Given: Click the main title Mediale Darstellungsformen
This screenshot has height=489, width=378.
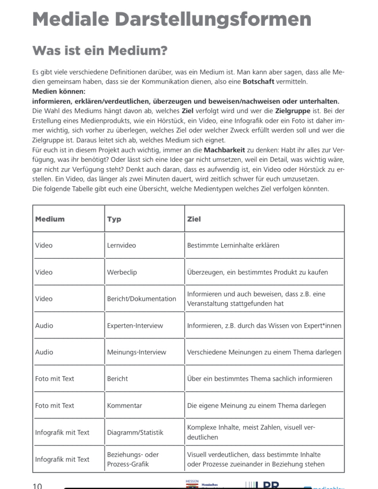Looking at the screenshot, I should (172, 20).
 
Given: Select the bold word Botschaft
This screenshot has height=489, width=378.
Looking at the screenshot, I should (258, 82).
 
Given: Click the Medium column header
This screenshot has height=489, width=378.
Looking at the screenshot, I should (50, 219).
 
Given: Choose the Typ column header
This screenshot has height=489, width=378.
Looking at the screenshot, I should (114, 219).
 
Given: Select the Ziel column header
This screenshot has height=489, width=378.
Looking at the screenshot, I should (194, 219).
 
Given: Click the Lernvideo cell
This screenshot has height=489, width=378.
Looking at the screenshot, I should (121, 245).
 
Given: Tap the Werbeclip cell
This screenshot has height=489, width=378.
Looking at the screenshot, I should (122, 272).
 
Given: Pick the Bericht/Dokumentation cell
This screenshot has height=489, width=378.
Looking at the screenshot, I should (141, 299).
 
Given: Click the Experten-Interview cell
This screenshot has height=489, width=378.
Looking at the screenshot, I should (135, 326).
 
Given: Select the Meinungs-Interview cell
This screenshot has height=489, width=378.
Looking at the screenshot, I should (136, 352).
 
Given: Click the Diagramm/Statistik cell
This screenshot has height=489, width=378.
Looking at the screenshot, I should (135, 432).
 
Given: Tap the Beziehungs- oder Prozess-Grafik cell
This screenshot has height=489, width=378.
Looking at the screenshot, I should (133, 459).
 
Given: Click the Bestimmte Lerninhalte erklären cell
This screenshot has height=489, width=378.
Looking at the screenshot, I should (233, 245).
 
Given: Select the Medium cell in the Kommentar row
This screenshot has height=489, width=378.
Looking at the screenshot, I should (54, 405).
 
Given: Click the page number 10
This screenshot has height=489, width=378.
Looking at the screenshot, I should (37, 486).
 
